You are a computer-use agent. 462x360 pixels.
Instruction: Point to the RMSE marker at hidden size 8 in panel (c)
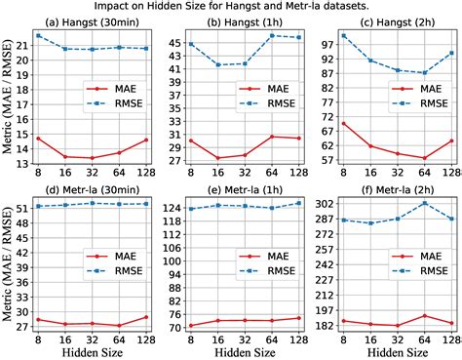tap(344, 36)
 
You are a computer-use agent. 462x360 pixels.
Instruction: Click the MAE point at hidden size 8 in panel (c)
tap(344, 124)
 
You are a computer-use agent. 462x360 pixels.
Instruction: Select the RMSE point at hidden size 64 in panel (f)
tap(424, 203)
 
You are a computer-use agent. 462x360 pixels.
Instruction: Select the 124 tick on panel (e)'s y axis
tap(173, 208)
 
